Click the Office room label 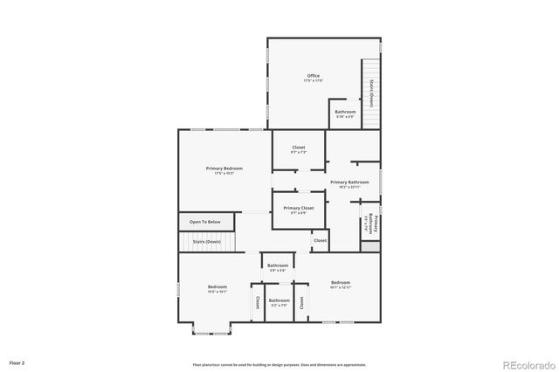(x=313, y=76)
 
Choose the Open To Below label (x=206, y=222)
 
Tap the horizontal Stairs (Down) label (x=207, y=241)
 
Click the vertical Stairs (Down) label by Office (x=371, y=91)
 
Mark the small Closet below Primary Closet (x=320, y=240)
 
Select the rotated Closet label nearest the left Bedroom (x=258, y=302)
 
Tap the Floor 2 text (x=17, y=362)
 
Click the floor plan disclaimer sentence (x=279, y=364)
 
